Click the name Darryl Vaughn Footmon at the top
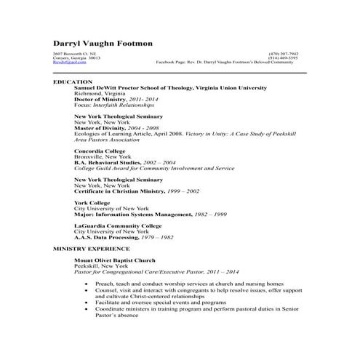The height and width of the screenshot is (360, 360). (x=103, y=44)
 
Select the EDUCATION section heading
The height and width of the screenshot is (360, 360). (x=73, y=81)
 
